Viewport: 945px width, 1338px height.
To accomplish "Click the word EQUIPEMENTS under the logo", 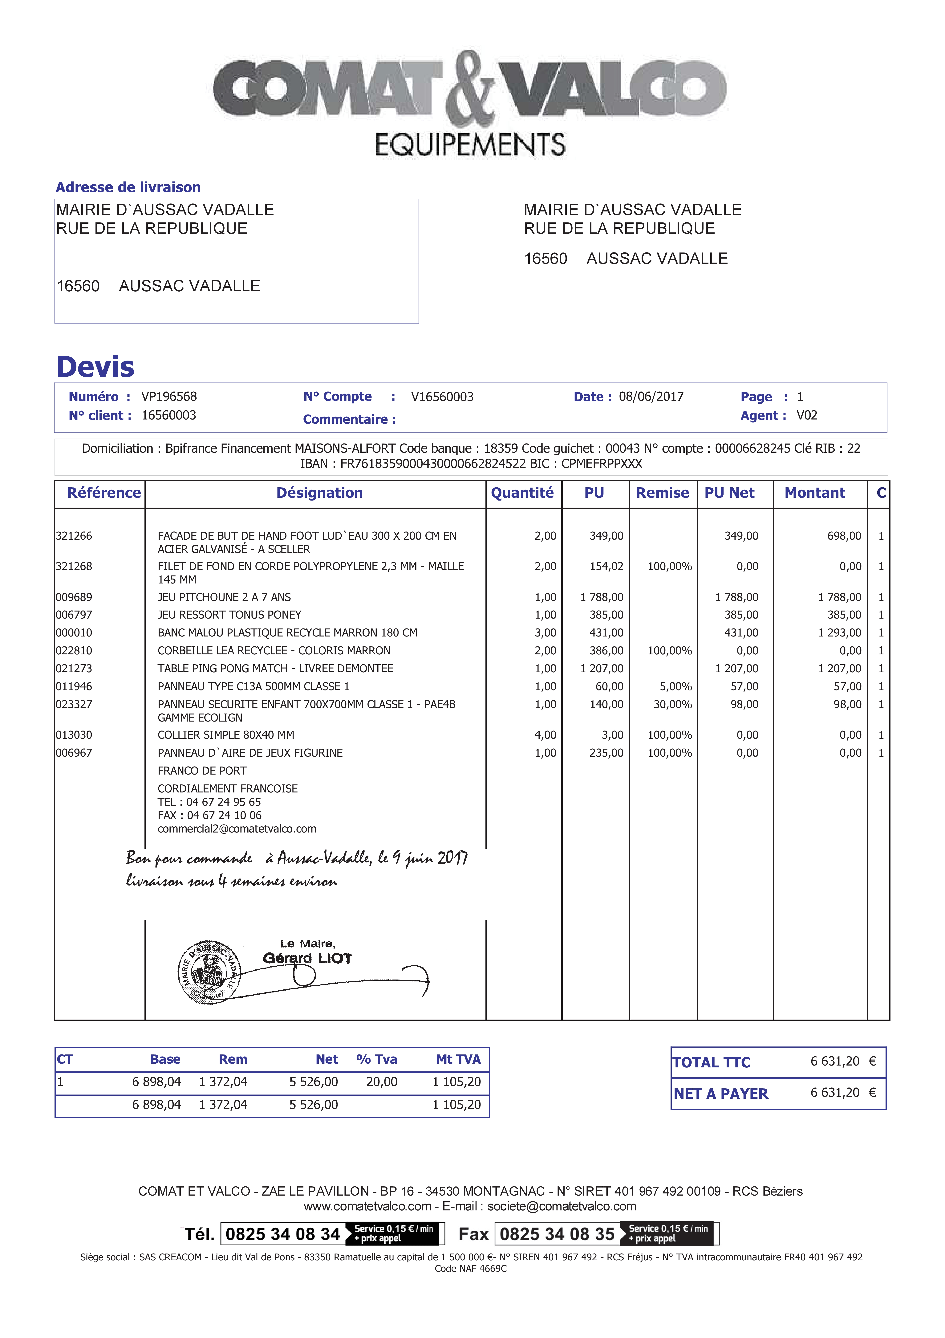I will (470, 145).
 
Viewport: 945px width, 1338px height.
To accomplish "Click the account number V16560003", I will (442, 397).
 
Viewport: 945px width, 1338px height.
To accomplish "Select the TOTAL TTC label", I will (711, 1062).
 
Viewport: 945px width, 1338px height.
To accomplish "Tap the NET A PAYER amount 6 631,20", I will (835, 1093).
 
